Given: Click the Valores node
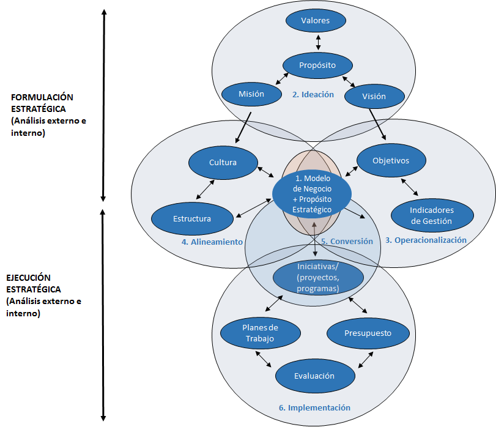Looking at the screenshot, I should [316, 21].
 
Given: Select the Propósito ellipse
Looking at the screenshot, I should [317, 65].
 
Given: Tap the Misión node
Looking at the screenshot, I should [251, 94].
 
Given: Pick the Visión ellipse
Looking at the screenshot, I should [374, 97].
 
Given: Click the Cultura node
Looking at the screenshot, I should [223, 163].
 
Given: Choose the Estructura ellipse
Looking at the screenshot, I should [192, 219].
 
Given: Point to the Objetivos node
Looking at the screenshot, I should [391, 161].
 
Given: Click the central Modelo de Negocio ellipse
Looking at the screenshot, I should [312, 193].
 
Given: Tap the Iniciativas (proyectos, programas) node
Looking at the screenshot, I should [318, 278].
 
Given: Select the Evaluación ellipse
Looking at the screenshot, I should [314, 376].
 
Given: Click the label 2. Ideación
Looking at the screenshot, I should [313, 95].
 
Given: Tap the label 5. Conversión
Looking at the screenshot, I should [347, 242].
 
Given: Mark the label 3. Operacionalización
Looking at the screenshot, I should [426, 240].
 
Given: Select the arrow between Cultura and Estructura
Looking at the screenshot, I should [206, 189].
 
